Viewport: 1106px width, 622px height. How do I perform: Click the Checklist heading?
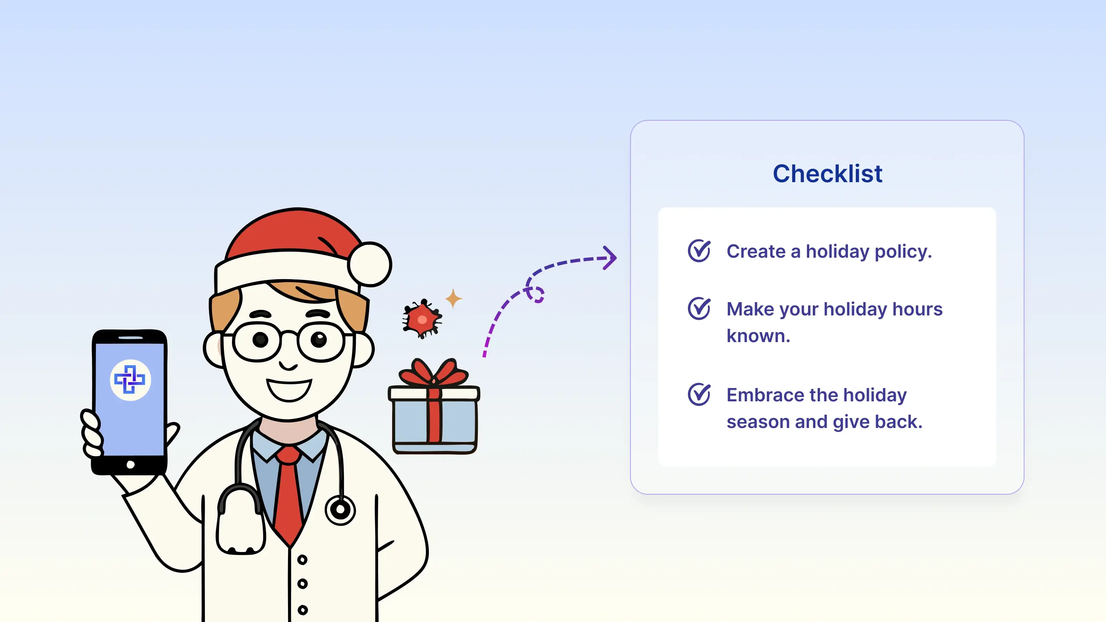[827, 174]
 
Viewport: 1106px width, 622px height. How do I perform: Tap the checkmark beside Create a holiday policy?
[699, 251]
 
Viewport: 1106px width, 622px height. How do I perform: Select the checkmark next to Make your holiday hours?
[699, 308]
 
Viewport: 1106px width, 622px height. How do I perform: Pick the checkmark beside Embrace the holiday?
[699, 394]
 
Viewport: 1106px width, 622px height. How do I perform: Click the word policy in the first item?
[903, 252]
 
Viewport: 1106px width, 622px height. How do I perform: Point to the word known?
[758, 335]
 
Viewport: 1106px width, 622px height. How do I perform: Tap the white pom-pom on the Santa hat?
[369, 264]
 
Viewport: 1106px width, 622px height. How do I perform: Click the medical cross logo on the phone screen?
[130, 379]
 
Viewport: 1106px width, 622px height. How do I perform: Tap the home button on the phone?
[130, 465]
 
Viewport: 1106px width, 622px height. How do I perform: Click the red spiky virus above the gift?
[422, 319]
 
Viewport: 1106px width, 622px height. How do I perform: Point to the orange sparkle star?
[453, 298]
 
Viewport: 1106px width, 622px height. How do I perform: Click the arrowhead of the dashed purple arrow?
[610, 257]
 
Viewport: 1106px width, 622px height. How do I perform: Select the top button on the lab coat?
[302, 559]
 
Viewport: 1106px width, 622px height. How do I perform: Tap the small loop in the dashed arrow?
[535, 294]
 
